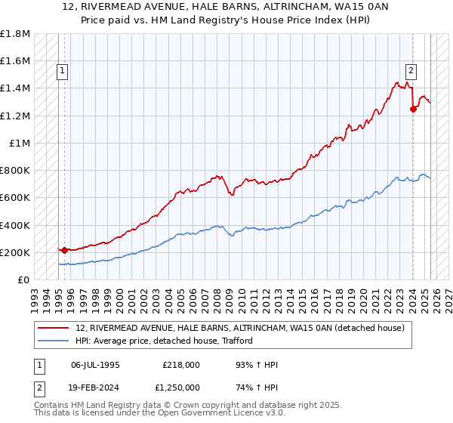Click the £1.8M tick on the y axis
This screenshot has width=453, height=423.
(15, 34)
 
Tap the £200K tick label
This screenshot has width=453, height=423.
(15, 252)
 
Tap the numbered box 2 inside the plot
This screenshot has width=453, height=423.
(411, 72)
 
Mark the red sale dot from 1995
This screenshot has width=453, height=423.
(64, 250)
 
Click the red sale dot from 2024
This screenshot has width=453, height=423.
(413, 109)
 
